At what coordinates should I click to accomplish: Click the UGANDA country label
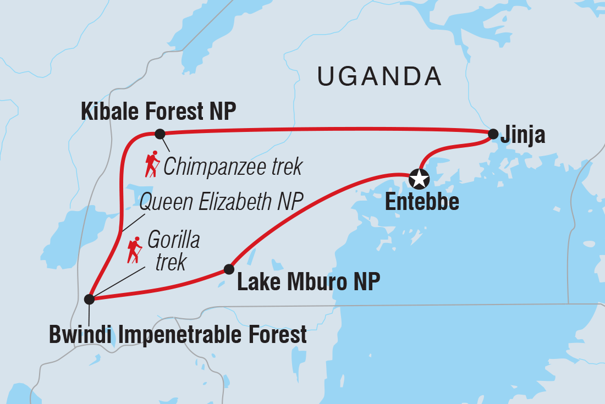pos(380,77)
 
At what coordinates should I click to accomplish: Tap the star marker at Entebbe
pos(419,178)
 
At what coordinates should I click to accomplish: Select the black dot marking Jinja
pos(493,133)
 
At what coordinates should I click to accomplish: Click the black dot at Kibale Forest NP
pos(159,133)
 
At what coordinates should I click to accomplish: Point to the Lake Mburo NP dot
pos(228,269)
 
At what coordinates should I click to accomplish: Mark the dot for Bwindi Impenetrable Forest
pos(89,299)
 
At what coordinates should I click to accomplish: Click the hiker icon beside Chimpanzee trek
pos(152,164)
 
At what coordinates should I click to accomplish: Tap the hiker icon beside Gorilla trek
pos(134,250)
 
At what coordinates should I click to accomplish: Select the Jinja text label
pos(523,135)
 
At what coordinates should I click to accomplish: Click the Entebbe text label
pos(422,202)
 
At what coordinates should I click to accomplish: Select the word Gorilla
pos(173,241)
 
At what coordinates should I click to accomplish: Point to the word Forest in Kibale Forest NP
pos(175,112)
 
